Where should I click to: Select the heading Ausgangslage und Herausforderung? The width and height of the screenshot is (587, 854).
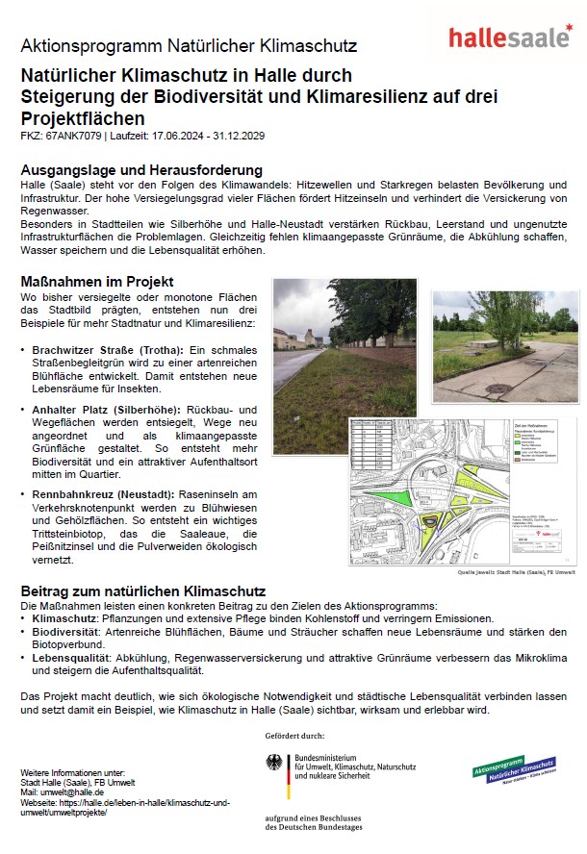pyautogui.click(x=141, y=169)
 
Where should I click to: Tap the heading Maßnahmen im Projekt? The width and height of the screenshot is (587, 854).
pyautogui.click(x=97, y=282)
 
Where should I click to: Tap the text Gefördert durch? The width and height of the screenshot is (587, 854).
pyautogui.click(x=293, y=736)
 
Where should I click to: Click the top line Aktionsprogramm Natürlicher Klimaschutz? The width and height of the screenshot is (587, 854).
pyautogui.click(x=189, y=45)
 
